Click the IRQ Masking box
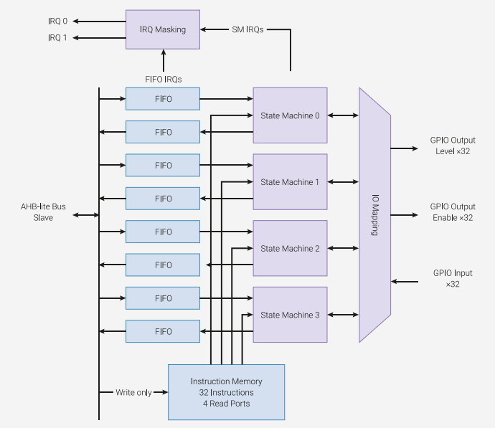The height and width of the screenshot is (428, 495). click(163, 29)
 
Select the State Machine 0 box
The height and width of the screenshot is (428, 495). click(290, 115)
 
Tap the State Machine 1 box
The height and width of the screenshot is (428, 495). click(290, 182)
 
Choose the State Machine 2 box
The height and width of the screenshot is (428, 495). click(290, 248)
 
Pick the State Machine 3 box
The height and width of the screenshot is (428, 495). click(290, 315)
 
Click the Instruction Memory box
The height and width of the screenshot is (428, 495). click(227, 392)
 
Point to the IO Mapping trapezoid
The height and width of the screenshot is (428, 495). click(374, 215)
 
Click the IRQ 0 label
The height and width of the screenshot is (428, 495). click(58, 21)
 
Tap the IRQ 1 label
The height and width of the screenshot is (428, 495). click(58, 38)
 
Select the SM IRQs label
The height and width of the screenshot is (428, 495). click(247, 29)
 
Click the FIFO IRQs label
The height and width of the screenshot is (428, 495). click(164, 79)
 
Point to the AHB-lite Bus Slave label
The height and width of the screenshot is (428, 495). click(43, 212)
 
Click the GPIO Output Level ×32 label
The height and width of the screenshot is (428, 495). click(453, 146)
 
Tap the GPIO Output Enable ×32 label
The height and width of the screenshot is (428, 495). click(453, 212)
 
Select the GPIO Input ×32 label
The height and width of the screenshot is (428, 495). click(453, 278)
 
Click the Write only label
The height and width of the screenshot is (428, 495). click(134, 392)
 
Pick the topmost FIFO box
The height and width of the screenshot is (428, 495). click(163, 99)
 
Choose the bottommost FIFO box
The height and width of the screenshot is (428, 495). click(163, 331)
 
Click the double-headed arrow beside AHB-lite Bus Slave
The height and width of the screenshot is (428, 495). click(86, 215)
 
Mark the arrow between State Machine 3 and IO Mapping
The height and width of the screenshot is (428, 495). click(343, 315)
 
